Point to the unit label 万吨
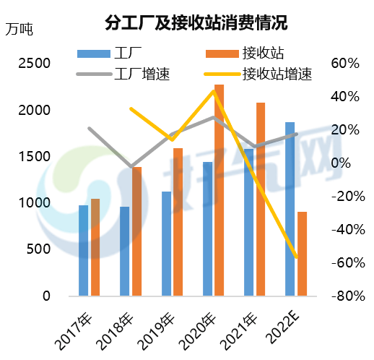19,30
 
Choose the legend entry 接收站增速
277,73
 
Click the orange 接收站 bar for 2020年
219,190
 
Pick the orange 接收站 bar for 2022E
302,254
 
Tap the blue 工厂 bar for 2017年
84,251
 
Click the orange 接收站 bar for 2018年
136,231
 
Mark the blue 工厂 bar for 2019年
166,244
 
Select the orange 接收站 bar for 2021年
261,199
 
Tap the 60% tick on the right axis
345,64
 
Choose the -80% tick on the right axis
343,296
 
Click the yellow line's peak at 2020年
214,91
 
